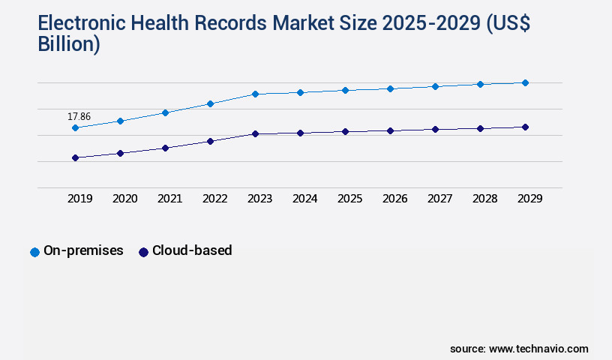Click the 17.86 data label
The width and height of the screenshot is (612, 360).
point(79,116)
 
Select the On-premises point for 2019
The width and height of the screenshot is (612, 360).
point(75,128)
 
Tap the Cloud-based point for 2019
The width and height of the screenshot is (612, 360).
point(75,157)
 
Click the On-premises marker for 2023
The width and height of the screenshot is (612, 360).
point(255,94)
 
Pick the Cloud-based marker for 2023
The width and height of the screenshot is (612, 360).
point(255,133)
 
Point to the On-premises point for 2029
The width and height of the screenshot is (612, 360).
point(525,82)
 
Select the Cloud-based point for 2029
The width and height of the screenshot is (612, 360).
point(525,127)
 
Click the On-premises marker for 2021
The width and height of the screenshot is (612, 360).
point(165,112)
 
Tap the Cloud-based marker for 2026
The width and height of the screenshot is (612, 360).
point(390,130)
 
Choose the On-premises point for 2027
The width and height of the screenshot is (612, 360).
point(435,86)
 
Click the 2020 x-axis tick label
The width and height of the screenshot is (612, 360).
point(124,199)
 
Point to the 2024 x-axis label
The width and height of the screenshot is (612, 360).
point(304,199)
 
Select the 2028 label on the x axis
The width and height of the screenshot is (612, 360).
point(484,199)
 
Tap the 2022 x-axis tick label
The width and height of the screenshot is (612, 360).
point(214,199)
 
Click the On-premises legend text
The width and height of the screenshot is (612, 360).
point(83,251)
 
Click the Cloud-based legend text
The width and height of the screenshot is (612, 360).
point(192,251)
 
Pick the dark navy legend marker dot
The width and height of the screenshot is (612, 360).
point(143,252)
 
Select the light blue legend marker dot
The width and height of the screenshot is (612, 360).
point(34,252)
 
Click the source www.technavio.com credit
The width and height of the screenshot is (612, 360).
point(519,349)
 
